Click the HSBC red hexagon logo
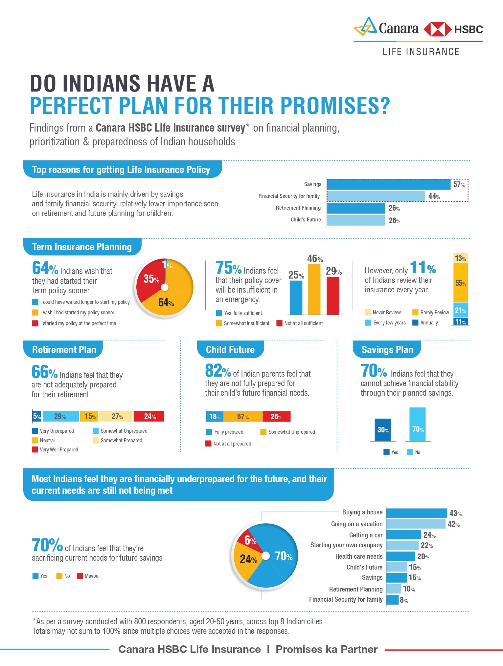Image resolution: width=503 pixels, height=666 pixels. pyautogui.click(x=437, y=30)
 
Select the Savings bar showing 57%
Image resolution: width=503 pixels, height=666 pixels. pyautogui.click(x=388, y=184)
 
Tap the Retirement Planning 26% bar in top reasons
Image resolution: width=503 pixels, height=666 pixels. pyautogui.click(x=355, y=208)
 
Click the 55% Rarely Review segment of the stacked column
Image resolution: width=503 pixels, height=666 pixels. pyautogui.click(x=460, y=283)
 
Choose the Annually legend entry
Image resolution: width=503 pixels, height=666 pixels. pyautogui.click(x=425, y=323)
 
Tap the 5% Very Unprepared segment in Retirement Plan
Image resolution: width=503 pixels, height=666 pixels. pyautogui.click(x=37, y=416)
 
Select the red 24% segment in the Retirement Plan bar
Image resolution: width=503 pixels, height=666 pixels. pyautogui.click(x=149, y=416)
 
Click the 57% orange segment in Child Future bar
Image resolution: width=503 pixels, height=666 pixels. pyautogui.click(x=243, y=417)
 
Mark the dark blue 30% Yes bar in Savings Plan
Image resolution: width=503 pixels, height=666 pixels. pyautogui.click(x=383, y=430)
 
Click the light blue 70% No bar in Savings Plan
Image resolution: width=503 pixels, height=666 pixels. pyautogui.click(x=417, y=425)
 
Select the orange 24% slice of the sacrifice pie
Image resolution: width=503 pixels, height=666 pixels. pyautogui.click(x=247, y=559)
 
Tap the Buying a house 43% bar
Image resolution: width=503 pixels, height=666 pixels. pyautogui.click(x=416, y=513)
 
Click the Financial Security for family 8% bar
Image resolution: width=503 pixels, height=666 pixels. pyautogui.click(x=392, y=600)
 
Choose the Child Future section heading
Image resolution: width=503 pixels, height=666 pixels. pyautogui.click(x=230, y=350)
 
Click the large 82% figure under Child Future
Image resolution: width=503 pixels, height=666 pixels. pyautogui.click(x=218, y=371)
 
